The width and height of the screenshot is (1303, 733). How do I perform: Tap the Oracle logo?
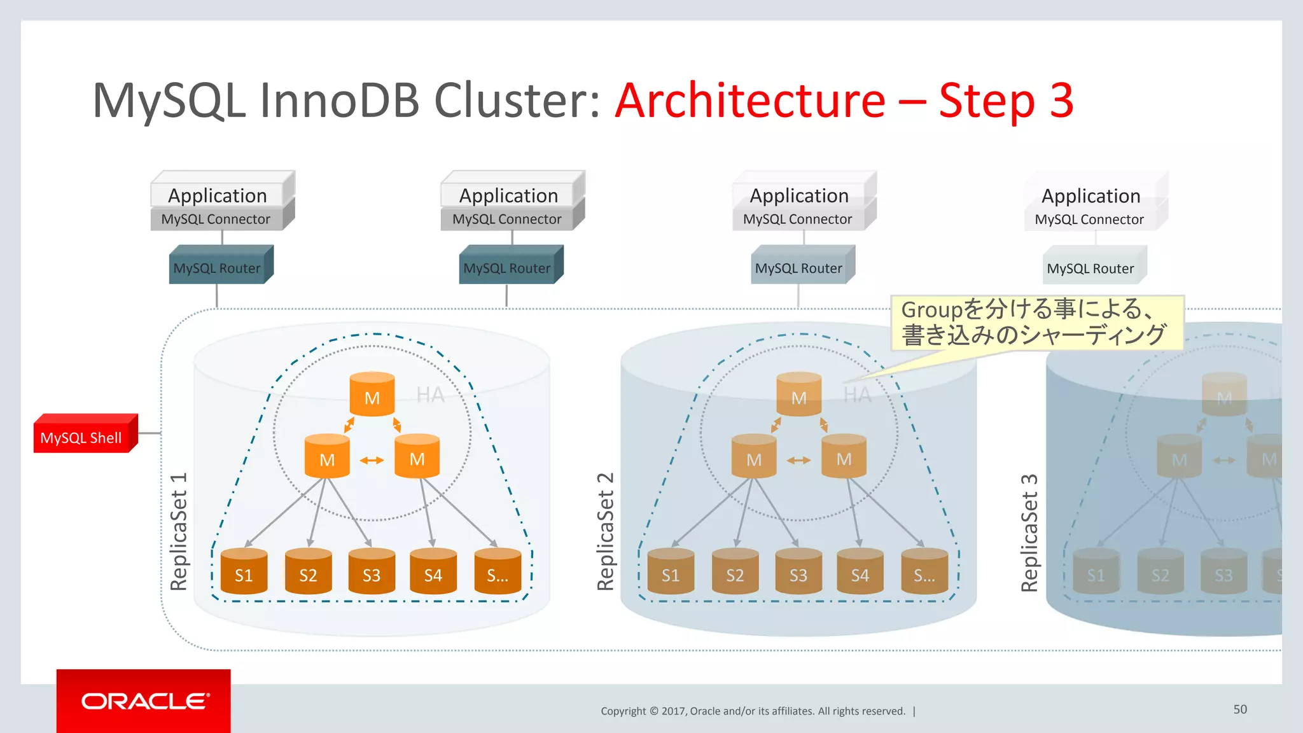point(144,701)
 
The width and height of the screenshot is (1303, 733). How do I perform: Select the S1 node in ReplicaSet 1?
point(244,572)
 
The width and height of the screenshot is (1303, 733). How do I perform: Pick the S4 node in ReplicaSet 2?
point(860,572)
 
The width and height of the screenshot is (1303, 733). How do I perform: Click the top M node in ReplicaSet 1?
point(372,395)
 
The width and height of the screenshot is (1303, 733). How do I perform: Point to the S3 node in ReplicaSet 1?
point(372,572)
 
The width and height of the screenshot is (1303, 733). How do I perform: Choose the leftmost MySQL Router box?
point(218,267)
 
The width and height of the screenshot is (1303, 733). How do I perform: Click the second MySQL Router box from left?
point(508,267)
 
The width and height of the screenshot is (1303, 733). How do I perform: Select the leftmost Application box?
point(218,195)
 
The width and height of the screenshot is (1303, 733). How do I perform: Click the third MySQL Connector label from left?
point(798,219)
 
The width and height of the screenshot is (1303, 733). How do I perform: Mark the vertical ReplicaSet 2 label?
point(606,531)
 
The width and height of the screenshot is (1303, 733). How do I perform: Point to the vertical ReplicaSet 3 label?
point(1029,533)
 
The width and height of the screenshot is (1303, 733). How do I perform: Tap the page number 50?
point(1240,709)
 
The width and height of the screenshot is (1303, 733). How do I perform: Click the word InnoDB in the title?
point(339,101)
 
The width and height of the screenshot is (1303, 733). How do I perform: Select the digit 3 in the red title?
point(1061,101)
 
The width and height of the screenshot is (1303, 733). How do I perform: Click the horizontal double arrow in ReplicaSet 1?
point(372,460)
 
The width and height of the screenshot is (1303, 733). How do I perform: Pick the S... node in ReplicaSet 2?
point(924,572)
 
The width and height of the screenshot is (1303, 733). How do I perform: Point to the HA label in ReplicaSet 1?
point(430,395)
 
